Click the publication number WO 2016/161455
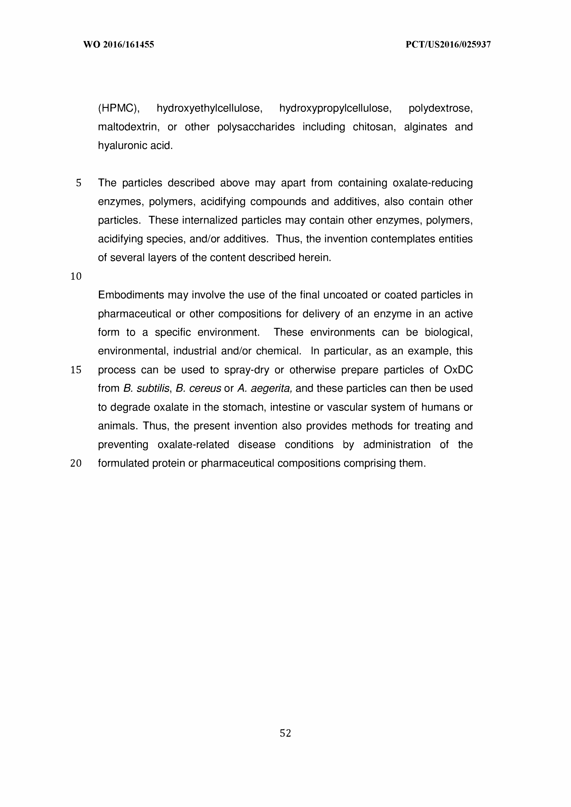coord(119,45)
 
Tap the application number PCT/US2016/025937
coord(448,45)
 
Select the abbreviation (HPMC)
coord(119,108)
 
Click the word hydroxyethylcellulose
coord(209,108)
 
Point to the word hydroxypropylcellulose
coord(335,108)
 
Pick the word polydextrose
coord(440,108)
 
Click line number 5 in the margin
coord(79,183)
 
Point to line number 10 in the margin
coord(76,276)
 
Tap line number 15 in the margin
coord(76,370)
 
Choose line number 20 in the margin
coord(76,464)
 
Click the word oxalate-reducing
coord(432,183)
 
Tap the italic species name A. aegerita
coord(265,388)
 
